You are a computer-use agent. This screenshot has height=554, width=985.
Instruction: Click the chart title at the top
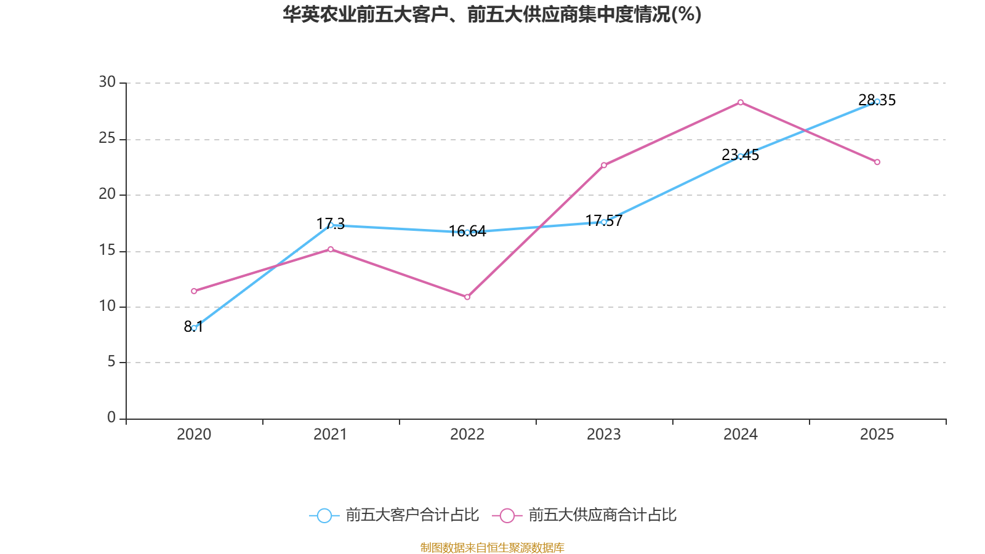pyautogui.click(x=492, y=14)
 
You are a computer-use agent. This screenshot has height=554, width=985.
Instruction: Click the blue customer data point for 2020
pyautogui.click(x=194, y=328)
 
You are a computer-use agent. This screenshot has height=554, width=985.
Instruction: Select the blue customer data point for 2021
pyautogui.click(x=331, y=225)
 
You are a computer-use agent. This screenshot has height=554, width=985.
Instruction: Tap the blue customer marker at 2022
pyautogui.click(x=467, y=232)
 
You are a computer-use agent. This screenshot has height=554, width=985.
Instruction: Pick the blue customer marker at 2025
pyautogui.click(x=877, y=102)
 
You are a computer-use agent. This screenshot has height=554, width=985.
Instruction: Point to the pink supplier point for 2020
pyautogui.click(x=194, y=291)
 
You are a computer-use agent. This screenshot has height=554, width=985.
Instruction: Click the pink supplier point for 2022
pyautogui.click(x=467, y=297)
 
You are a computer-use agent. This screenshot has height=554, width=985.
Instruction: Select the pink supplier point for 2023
pyautogui.click(x=604, y=165)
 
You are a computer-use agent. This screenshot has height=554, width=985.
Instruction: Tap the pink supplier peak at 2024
pyautogui.click(x=741, y=102)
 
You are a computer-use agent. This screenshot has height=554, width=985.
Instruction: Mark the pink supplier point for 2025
pyautogui.click(x=877, y=163)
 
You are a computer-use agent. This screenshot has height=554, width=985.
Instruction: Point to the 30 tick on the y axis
pyautogui.click(x=107, y=82)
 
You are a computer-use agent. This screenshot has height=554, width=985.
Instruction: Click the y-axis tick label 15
pyautogui.click(x=107, y=251)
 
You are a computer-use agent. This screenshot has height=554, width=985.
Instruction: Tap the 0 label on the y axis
pyautogui.click(x=111, y=418)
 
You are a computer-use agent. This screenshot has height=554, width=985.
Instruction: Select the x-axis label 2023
pyautogui.click(x=604, y=435)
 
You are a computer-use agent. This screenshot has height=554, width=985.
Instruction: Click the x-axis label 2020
pyautogui.click(x=194, y=435)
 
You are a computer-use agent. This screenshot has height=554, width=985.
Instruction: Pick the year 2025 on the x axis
pyautogui.click(x=877, y=435)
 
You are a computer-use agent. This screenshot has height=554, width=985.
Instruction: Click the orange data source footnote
pyautogui.click(x=492, y=547)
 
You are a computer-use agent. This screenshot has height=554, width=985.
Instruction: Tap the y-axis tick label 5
pyautogui.click(x=111, y=362)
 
